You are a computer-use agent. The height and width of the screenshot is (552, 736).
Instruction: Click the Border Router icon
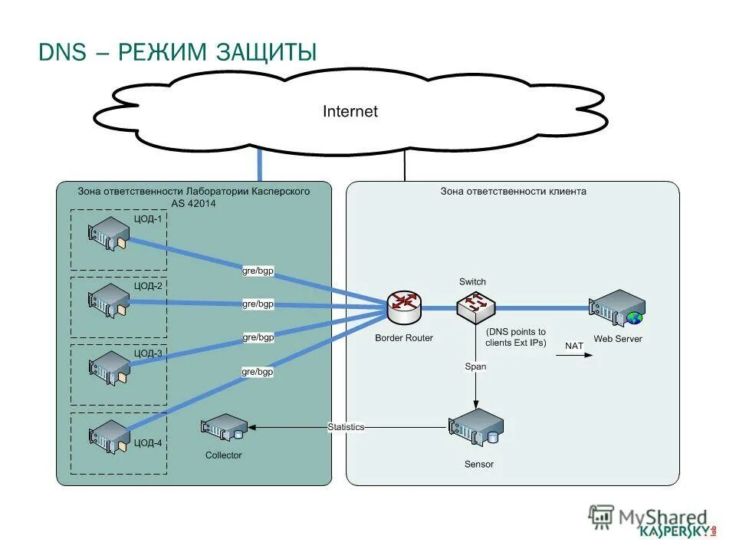coord(404,308)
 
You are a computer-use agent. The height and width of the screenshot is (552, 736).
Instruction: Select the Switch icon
coord(475,307)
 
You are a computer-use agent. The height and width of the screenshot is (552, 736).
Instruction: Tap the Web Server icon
coord(617,308)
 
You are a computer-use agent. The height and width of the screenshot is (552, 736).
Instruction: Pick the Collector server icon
coord(224,428)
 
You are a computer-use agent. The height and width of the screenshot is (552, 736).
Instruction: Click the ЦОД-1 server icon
coord(109,234)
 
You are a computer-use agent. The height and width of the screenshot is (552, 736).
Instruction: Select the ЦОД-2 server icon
coord(109,301)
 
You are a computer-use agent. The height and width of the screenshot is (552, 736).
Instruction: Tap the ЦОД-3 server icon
coord(109,368)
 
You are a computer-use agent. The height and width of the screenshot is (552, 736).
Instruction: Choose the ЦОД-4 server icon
coord(109,435)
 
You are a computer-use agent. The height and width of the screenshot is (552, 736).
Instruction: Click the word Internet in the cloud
coord(350,112)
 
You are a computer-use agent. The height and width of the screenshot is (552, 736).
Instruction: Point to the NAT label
coord(574,346)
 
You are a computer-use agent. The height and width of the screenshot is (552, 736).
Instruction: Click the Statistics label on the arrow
coord(346,427)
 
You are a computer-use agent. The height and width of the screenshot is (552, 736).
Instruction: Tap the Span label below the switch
coord(475,366)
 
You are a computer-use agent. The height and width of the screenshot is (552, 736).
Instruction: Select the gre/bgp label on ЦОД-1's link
coord(258,271)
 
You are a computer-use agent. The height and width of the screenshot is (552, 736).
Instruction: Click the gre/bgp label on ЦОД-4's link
coord(258,372)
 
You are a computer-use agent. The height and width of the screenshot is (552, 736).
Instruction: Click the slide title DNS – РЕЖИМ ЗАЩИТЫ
coord(177,52)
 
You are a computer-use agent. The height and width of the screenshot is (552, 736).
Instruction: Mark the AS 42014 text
coord(194,204)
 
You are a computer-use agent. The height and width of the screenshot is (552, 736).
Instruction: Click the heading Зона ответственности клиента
coord(513,192)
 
